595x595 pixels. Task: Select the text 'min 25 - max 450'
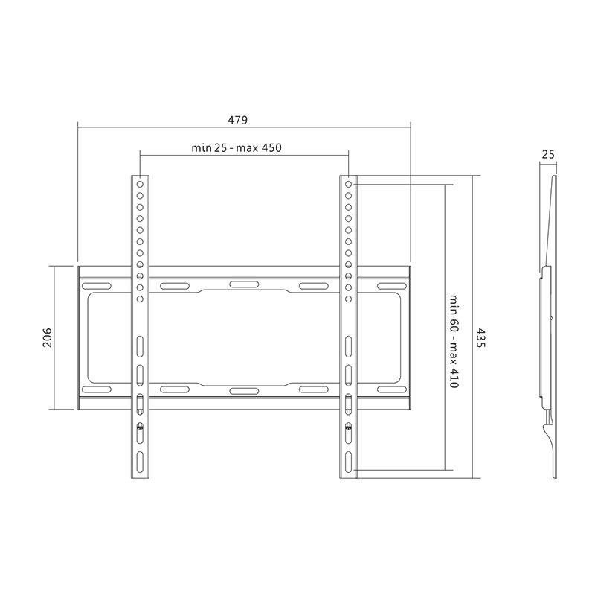pos(236,148)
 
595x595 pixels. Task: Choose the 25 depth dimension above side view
pos(548,155)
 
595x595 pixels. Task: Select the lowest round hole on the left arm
pos(140,299)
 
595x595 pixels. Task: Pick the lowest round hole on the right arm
pos(348,299)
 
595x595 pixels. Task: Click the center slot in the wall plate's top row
pos(243,284)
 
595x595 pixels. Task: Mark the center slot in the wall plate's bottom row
pos(243,390)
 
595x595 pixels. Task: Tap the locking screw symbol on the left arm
pos(140,427)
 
